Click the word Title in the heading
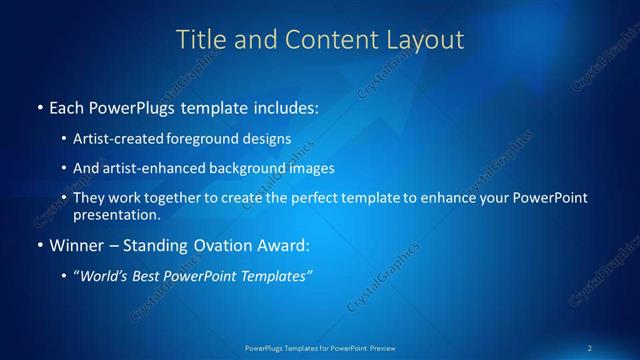pos(199,40)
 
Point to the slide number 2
pos(590,348)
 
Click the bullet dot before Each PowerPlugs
pos(39,106)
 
